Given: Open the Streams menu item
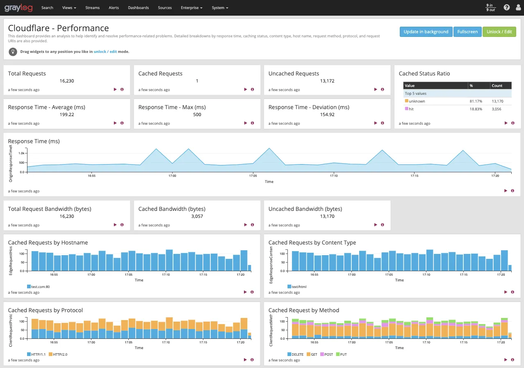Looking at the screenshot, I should [92, 8].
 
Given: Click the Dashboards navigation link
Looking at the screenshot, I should [138, 8].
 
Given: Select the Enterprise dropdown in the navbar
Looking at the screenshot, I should [191, 8].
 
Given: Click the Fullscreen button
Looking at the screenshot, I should [467, 32].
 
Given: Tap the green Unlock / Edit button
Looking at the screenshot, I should [499, 32].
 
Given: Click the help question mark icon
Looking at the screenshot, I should [507, 7].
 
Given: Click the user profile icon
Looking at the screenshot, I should [518, 7].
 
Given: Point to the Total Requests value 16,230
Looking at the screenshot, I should [67, 81].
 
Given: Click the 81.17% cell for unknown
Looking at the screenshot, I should [476, 101].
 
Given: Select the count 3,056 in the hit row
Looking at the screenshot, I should [496, 109].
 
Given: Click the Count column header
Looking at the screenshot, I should [497, 85].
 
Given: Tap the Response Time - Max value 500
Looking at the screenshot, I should [197, 114].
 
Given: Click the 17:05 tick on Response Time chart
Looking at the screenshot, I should [253, 176].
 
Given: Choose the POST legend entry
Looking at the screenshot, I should [327, 354].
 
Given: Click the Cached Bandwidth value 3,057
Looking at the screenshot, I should [197, 216].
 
